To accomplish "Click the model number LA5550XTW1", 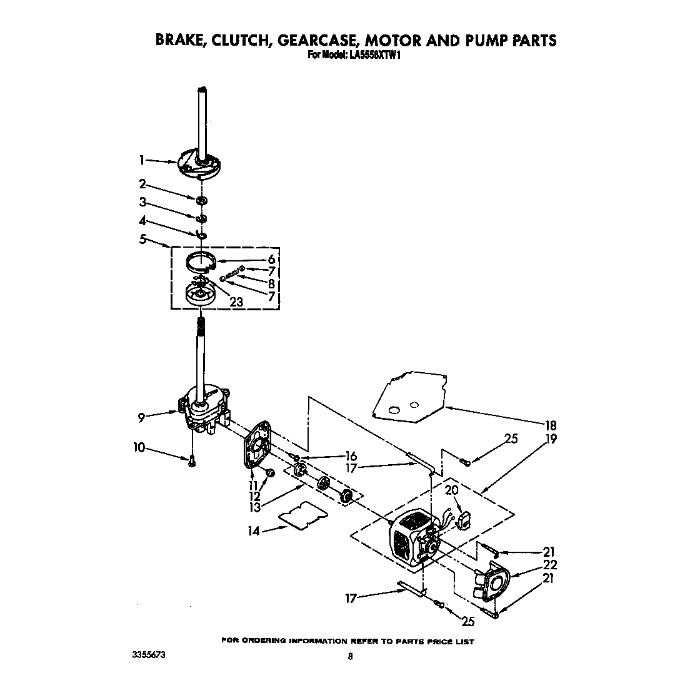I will (x=372, y=54).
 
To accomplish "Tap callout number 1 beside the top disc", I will (x=142, y=161).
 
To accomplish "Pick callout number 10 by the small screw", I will (x=139, y=447).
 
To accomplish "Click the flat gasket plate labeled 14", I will (x=303, y=514).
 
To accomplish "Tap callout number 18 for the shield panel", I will (x=550, y=426).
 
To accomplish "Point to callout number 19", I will (x=550, y=439).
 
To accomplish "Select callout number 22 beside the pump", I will (x=549, y=564).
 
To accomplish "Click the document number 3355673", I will (x=149, y=656).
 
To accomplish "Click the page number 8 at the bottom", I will (x=350, y=656).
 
